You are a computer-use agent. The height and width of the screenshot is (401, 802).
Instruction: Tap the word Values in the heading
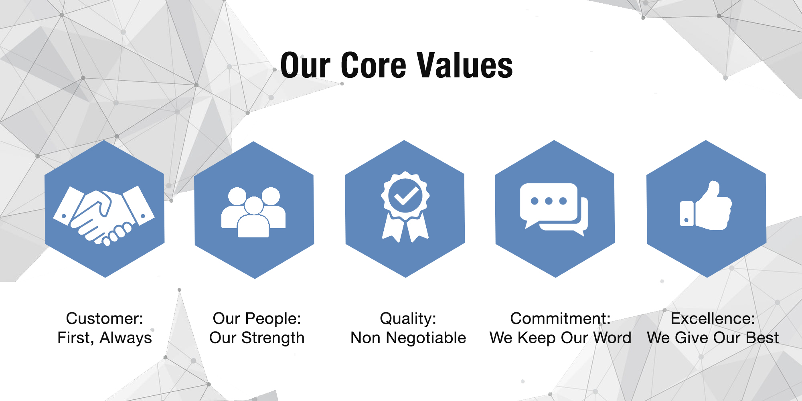click(x=465, y=65)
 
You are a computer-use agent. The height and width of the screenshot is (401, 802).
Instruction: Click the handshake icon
click(x=104, y=215)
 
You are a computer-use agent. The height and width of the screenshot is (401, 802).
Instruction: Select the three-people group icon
click(x=253, y=212)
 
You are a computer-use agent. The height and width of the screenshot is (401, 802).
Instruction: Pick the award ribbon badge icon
click(x=405, y=207)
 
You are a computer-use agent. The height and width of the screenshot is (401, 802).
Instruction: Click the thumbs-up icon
click(x=706, y=205)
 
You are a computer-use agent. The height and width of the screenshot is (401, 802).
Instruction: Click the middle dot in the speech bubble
click(x=549, y=201)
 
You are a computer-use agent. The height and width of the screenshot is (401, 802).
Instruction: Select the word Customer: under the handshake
click(x=105, y=318)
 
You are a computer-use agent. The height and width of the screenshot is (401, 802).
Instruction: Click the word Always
click(x=126, y=338)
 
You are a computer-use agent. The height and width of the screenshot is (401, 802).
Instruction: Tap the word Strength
click(x=273, y=338)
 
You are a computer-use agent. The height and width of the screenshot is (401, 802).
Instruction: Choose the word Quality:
click(x=408, y=319)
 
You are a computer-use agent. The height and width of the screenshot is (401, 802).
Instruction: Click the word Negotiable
click(x=426, y=338)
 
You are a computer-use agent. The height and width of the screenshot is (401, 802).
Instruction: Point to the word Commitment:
click(x=560, y=318)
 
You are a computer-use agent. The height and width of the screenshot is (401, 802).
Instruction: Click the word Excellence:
click(x=713, y=318)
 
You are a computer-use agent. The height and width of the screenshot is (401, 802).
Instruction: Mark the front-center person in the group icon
click(x=253, y=218)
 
